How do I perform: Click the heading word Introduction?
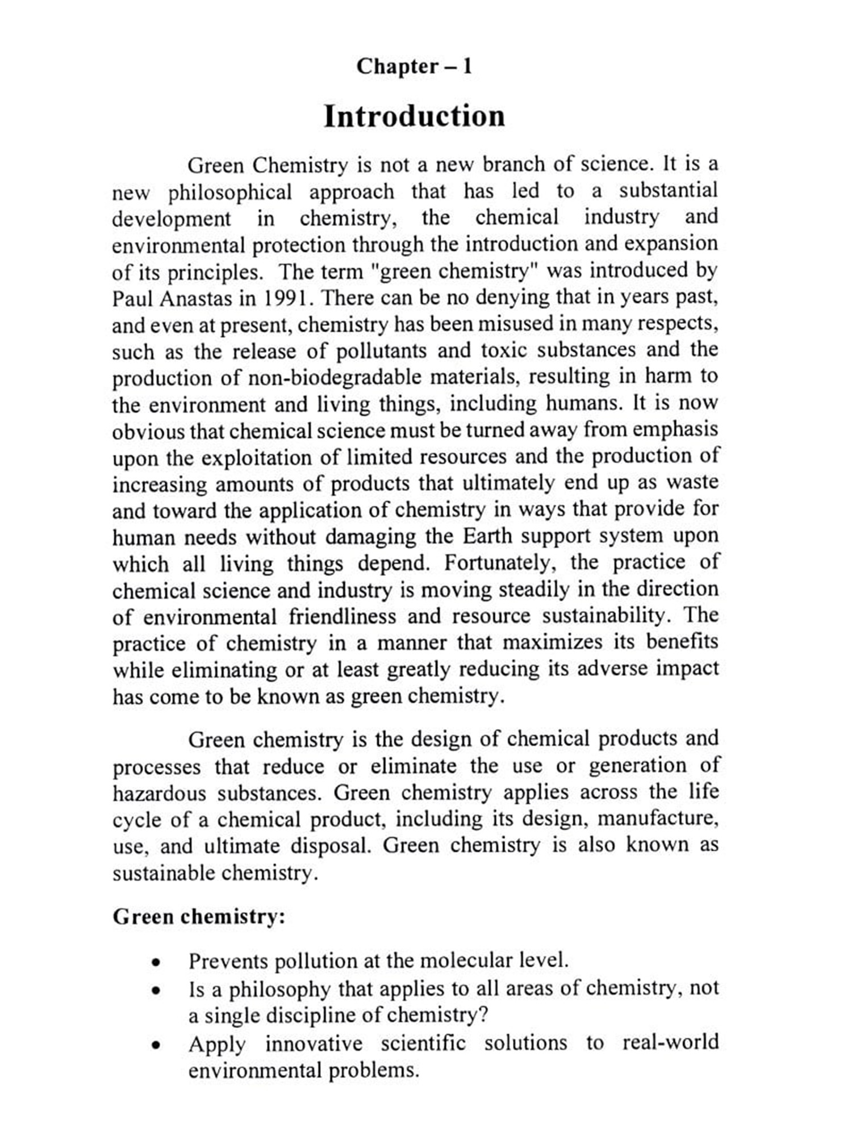(414, 116)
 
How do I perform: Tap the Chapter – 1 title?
(414, 66)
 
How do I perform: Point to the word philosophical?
(229, 192)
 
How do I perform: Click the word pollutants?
(381, 350)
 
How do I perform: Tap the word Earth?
(487, 536)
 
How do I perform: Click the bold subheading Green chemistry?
(199, 917)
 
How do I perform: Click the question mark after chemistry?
(483, 1015)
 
